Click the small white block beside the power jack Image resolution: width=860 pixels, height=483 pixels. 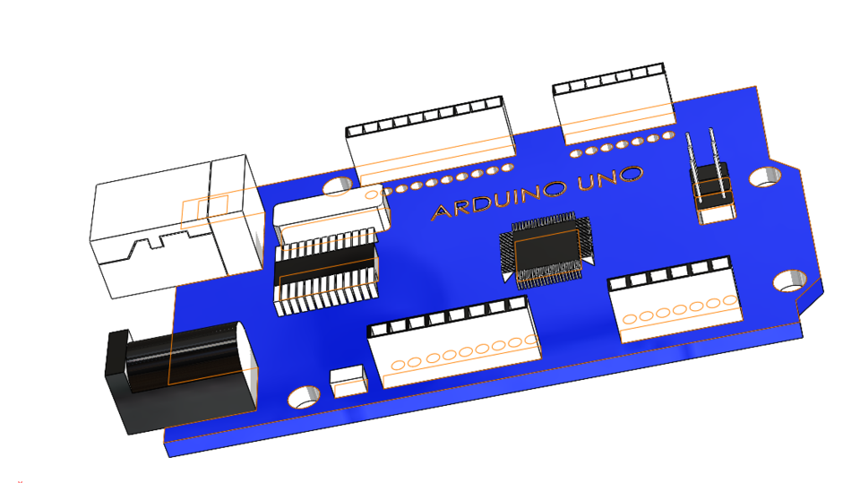click(348, 381)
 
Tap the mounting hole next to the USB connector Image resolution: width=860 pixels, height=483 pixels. click(337, 185)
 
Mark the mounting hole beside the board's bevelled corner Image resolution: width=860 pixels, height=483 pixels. click(789, 280)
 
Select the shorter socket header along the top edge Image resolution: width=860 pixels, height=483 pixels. click(615, 104)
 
